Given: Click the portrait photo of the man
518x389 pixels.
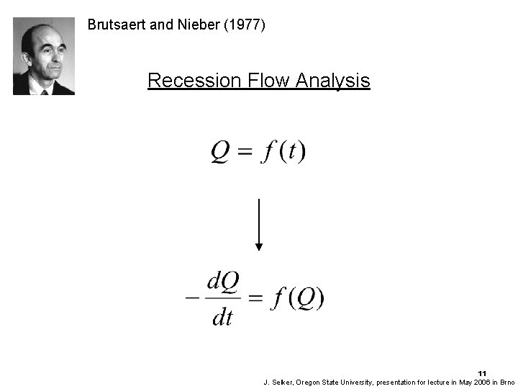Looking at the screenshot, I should point(44,56).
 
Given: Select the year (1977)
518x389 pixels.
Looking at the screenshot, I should point(245,25).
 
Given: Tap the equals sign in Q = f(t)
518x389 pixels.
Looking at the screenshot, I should point(246,153).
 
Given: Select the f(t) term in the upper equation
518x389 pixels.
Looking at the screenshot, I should point(284,153).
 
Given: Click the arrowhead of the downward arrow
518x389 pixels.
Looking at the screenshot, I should point(259,246).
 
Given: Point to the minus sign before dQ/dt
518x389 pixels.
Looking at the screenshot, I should point(192,298).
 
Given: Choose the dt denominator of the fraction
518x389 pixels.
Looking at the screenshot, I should point(222,318).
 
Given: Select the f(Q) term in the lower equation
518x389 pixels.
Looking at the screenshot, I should point(297,298).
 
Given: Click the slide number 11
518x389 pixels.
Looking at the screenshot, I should point(481,372).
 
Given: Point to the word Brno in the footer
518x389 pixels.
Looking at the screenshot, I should point(508,381).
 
